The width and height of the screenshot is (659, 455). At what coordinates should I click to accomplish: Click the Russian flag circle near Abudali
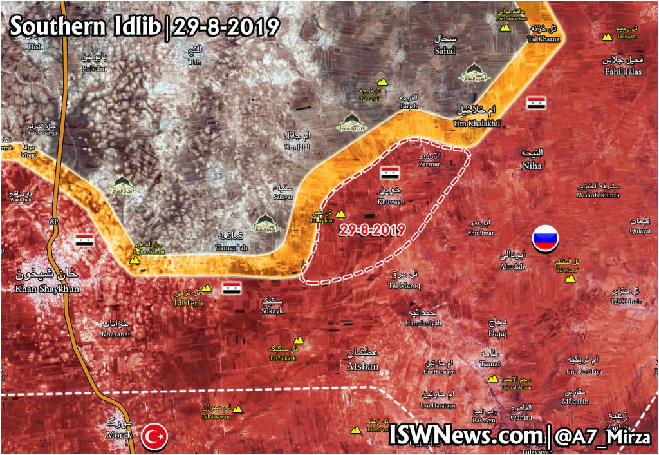coord(546,238)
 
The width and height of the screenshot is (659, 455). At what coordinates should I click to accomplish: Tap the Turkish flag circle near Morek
coord(154,437)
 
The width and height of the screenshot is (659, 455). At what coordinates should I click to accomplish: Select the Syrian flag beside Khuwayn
coord(389,173)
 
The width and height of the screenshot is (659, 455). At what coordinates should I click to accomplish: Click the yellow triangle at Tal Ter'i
coord(207,288)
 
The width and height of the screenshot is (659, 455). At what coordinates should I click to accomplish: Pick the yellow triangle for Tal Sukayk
coord(298,340)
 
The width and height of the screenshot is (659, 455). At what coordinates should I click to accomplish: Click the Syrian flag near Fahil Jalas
coord(536,103)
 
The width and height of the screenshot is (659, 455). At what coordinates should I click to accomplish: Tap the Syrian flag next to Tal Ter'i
coord(232,288)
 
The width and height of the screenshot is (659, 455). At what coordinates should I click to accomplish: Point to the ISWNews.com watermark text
coord(465,436)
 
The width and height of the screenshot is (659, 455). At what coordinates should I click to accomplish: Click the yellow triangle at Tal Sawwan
coord(237,409)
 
